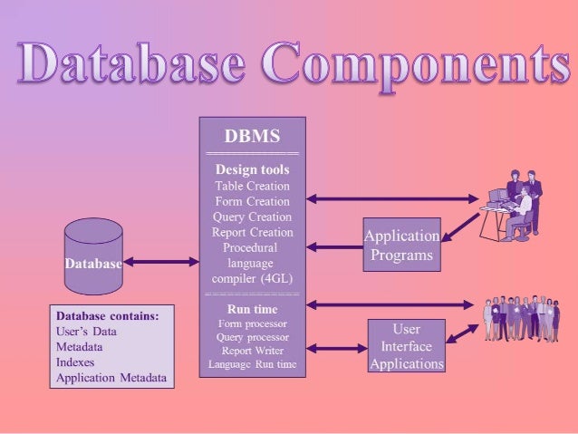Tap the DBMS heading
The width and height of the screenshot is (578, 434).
[252, 138]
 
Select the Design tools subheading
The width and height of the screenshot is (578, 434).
[252, 169]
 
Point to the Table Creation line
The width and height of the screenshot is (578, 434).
[253, 186]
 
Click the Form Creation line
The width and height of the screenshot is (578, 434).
[253, 201]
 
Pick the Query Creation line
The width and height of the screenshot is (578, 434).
[253, 217]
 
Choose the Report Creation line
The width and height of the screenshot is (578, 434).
[253, 232]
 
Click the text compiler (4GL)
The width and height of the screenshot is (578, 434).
[252, 278]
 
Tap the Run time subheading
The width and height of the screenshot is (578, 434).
[252, 309]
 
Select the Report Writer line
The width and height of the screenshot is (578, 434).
[252, 350]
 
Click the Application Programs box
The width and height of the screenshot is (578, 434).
[401, 246]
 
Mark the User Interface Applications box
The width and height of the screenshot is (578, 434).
[406, 346]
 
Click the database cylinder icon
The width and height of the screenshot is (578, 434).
[93, 256]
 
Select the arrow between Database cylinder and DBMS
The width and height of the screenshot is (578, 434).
[161, 263]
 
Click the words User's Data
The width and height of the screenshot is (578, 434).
[87, 332]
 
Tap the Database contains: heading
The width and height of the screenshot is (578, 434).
[108, 316]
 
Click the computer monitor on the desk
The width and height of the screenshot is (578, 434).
[497, 195]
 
